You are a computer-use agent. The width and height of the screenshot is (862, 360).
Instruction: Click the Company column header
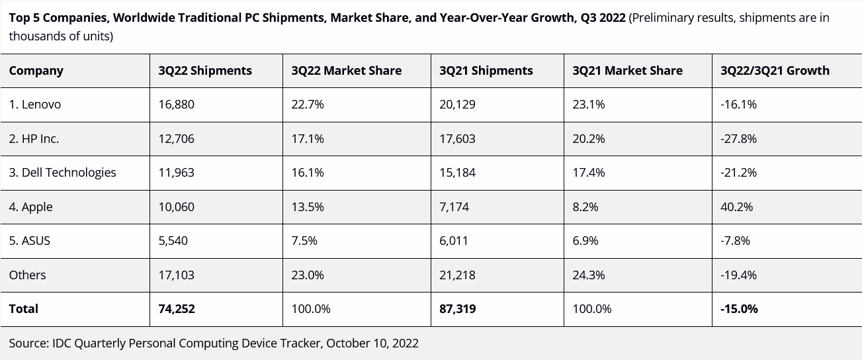pos(36,71)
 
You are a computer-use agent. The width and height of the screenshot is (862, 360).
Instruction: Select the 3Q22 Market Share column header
pos(346,71)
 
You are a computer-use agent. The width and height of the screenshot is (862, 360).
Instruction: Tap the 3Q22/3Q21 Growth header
pos(775,71)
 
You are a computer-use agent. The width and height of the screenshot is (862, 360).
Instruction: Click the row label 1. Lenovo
pos(35,105)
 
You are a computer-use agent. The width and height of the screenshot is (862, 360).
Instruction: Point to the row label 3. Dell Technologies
pos(63,173)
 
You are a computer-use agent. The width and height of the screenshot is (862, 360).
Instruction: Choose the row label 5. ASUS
pos(30,241)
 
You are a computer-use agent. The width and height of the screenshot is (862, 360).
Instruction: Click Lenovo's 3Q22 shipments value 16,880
pos(177,105)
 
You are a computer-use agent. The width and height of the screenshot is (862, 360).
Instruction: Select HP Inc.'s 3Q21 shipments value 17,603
pos(457,139)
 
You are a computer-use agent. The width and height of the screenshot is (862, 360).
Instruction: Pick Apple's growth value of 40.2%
pos(737,207)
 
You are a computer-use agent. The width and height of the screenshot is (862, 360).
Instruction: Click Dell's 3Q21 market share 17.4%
pos(588,173)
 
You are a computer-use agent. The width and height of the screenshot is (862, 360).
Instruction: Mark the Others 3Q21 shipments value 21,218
pos(457,275)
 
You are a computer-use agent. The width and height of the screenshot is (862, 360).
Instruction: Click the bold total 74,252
pos(177,309)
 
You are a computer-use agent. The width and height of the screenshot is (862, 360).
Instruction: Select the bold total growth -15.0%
pos(739,309)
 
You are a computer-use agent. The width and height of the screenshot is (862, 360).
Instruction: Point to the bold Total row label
pos(24,309)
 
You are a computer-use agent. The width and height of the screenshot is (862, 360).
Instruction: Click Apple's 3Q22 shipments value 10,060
pos(177,207)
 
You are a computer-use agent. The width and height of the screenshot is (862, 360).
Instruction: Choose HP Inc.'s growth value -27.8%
pos(738,139)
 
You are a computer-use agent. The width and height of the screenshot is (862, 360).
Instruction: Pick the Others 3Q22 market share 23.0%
pos(308,275)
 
